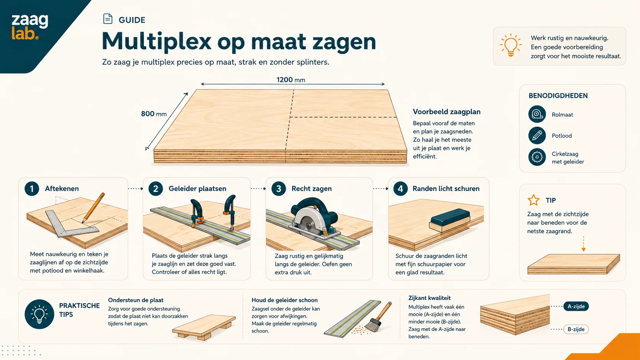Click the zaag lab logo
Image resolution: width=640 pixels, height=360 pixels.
[x=30, y=26]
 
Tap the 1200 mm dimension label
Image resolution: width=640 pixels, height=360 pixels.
[x=291, y=80]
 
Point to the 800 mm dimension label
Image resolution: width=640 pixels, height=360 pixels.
[x=154, y=114]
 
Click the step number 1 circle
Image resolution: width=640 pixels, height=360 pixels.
[x=32, y=189]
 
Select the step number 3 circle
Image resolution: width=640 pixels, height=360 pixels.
[x=279, y=189]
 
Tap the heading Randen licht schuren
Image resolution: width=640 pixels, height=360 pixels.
[x=446, y=189]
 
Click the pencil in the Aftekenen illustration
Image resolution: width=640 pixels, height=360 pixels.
[x=93, y=208]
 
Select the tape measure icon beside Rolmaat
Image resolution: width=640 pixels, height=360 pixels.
[x=537, y=114]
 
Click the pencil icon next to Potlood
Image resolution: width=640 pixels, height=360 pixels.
[x=537, y=135]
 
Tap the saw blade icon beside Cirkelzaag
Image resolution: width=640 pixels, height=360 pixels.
[x=537, y=157]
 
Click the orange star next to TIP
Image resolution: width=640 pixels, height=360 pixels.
[x=534, y=200]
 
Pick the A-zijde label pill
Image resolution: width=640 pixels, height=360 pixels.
[x=576, y=306]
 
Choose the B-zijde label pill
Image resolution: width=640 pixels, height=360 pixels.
[x=576, y=329]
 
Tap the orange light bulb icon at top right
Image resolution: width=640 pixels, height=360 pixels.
[x=511, y=45]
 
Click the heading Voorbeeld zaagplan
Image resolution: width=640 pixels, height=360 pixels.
[x=447, y=112]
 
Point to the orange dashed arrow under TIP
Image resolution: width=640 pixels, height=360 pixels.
[x=584, y=244]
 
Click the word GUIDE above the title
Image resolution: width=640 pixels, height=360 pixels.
[x=132, y=20]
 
